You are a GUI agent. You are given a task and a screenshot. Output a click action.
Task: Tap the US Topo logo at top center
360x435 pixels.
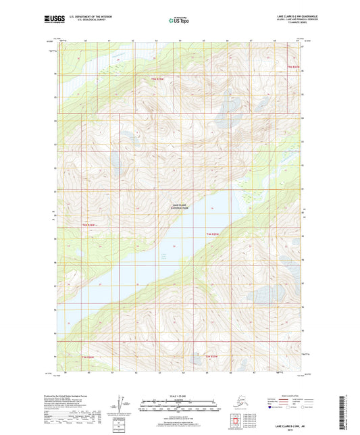[179, 20]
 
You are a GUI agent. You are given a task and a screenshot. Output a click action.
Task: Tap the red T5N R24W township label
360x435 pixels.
[292, 66]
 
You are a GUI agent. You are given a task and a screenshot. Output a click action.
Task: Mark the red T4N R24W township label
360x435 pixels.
[212, 233]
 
